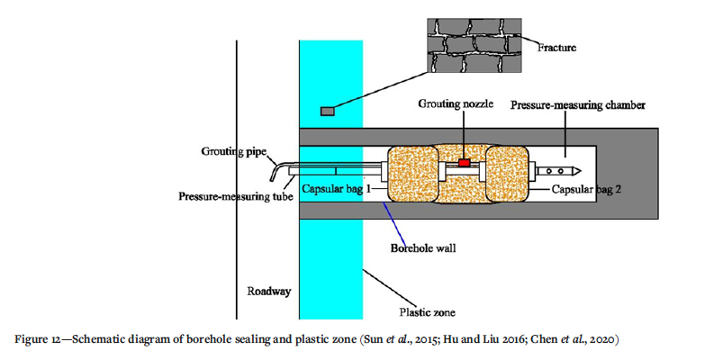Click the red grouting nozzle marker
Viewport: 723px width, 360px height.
click(x=465, y=162)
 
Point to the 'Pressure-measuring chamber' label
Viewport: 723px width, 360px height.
click(x=577, y=104)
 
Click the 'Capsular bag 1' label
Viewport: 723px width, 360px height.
click(x=337, y=191)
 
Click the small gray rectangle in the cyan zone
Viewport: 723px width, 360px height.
click(x=327, y=111)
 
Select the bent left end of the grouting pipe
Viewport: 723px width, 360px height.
click(x=273, y=173)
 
